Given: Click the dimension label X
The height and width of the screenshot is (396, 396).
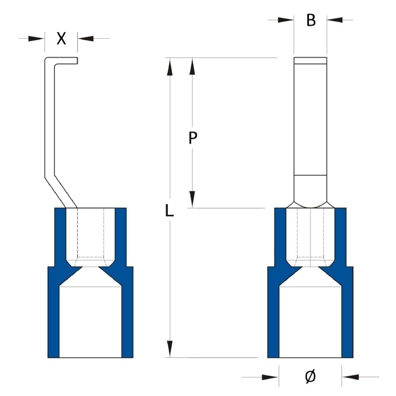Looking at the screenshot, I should (61, 38).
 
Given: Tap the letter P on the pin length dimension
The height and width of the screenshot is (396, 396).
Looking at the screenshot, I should (192, 138).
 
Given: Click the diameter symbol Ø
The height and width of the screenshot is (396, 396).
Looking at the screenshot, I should (310, 377).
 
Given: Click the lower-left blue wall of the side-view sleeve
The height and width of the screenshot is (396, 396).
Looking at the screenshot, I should (53, 317).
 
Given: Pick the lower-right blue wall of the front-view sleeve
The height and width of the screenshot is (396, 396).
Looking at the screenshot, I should (347, 317).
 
